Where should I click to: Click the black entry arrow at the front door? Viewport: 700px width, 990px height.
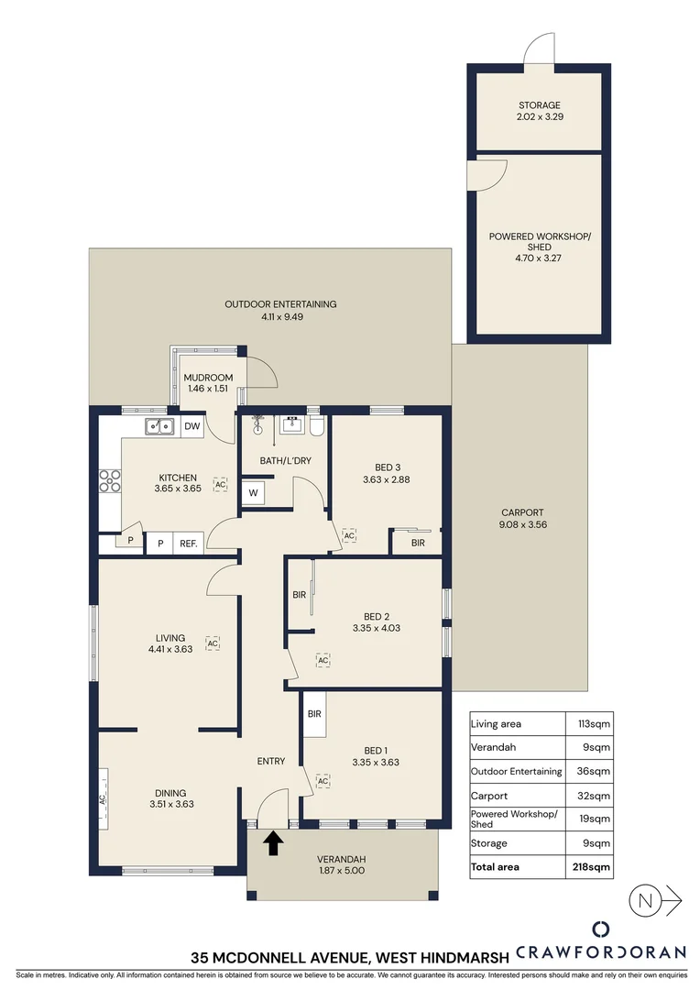point(272,842)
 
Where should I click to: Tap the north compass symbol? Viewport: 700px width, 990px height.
point(646,899)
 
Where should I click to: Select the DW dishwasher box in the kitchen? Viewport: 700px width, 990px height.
point(191,426)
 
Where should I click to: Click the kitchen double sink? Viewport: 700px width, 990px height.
point(159,426)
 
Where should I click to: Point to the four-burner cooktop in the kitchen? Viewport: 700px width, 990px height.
point(110,480)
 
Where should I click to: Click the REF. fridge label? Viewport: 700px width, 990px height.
point(189,544)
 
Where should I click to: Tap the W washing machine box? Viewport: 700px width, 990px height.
point(253,493)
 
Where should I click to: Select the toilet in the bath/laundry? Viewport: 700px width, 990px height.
point(316,426)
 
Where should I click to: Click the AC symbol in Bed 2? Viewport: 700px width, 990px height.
point(323,659)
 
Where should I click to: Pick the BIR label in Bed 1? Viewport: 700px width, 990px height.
point(314,714)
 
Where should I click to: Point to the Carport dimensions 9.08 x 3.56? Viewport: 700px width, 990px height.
point(522,525)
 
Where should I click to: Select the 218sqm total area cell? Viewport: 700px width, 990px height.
point(593,866)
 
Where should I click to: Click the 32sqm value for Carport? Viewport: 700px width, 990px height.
point(596,796)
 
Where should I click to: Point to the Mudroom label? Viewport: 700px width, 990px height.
point(209,378)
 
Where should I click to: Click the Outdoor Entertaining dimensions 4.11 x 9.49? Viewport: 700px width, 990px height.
point(268,317)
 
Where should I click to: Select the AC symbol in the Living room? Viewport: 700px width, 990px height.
point(213,643)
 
